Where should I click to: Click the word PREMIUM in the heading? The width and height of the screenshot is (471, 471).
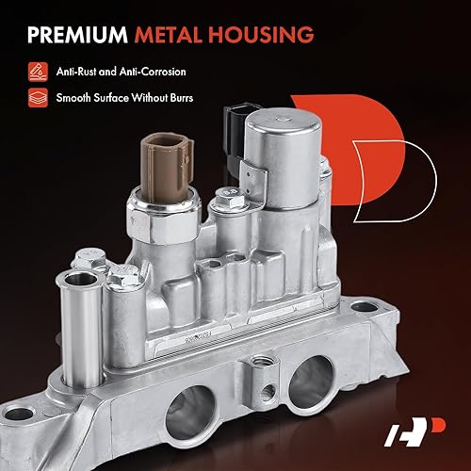click(74, 36)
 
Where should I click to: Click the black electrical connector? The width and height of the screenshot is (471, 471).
click(232, 122)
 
